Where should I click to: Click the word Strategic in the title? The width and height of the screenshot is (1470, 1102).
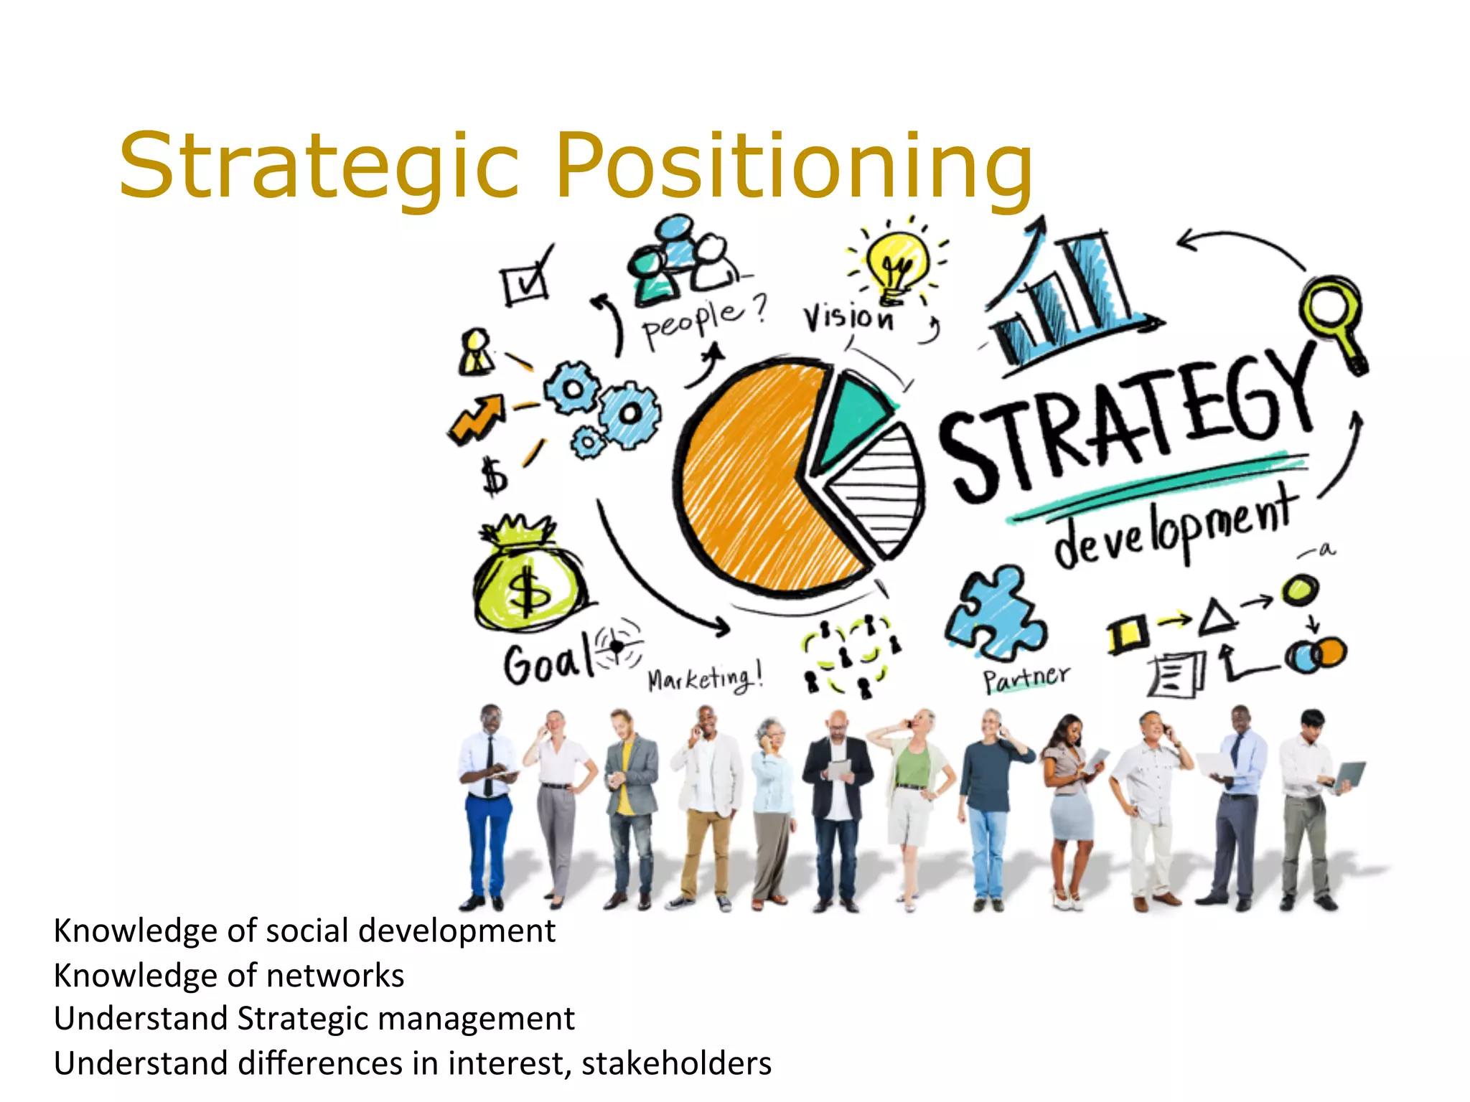(319, 166)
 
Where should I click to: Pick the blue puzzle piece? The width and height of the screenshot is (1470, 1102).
(994, 613)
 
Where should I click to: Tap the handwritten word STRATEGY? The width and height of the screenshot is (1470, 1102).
(1127, 423)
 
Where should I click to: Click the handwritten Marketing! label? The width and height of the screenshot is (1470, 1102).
(704, 678)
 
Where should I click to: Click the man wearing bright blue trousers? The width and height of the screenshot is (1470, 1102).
(488, 804)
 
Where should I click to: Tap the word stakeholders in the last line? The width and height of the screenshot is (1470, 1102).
(676, 1063)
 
